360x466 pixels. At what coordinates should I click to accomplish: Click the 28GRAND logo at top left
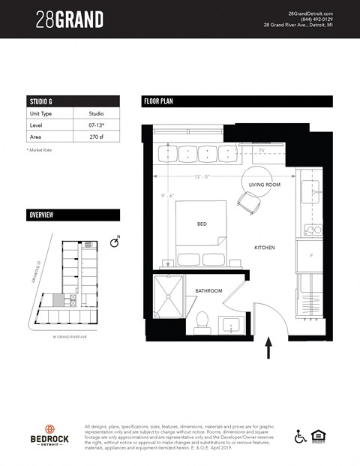(x=69, y=19)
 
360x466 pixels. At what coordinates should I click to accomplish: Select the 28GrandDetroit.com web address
(x=310, y=13)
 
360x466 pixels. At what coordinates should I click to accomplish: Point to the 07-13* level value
(x=96, y=126)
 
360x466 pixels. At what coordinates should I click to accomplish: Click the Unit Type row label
(x=41, y=113)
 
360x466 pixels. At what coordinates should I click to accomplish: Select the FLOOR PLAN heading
(x=159, y=101)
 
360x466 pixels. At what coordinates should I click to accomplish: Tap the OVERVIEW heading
(x=40, y=215)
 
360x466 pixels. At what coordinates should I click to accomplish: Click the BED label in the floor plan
(x=202, y=224)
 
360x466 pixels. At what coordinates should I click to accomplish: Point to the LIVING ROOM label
(x=265, y=185)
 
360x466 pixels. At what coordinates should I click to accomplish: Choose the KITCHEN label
(x=265, y=248)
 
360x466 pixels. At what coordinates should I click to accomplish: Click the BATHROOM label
(x=209, y=290)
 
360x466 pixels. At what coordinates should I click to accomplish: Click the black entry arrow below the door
(x=268, y=347)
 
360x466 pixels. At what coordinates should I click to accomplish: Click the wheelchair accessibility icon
(x=301, y=436)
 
